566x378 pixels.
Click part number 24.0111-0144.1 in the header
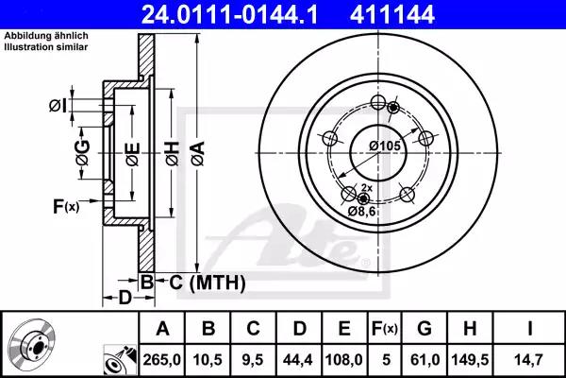coord(229,14)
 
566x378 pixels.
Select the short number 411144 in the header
coord(392,14)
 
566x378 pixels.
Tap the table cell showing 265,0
coord(161,360)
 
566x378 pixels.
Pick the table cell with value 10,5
coord(208,360)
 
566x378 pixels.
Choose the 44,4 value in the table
coord(298,360)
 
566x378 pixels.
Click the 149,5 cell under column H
coord(470,360)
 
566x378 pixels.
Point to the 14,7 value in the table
coord(529,360)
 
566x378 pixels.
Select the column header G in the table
coord(424,329)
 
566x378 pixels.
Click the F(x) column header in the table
coord(385,329)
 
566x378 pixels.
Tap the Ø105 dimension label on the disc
coord(385,146)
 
